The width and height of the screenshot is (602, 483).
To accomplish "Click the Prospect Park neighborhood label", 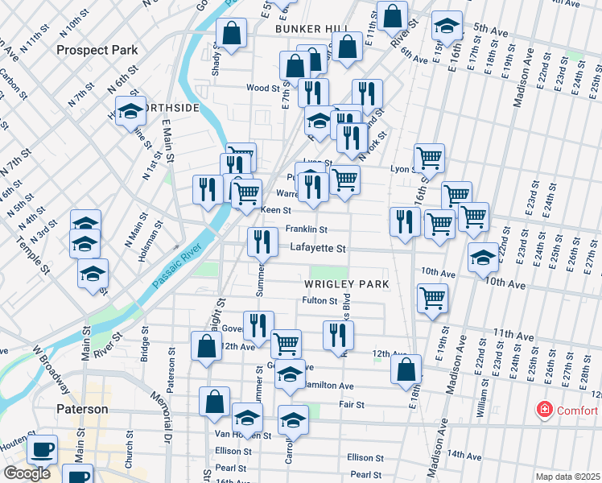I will point(97,50).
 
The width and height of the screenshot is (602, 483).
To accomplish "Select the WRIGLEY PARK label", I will point(346,284).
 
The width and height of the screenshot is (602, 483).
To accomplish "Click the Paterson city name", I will point(82,409).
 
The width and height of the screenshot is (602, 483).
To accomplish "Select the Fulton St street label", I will point(318,301).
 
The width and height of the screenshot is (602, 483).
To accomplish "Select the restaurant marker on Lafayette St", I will point(262,240).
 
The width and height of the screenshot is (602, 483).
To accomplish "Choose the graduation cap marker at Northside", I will point(130,114).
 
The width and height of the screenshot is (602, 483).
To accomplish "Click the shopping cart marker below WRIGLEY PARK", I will point(433,298).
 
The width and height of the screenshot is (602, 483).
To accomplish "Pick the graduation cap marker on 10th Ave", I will point(483,258).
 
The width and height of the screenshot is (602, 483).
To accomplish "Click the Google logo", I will point(27,473).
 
